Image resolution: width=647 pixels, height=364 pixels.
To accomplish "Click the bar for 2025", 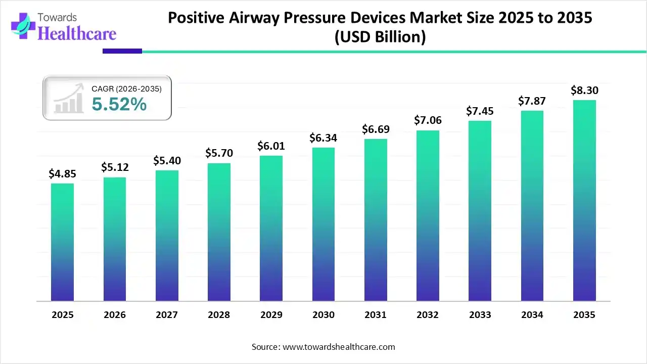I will pyautogui.click(x=62, y=242).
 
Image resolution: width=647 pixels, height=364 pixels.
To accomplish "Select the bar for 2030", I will pyautogui.click(x=323, y=224).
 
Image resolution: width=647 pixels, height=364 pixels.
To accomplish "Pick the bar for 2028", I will pyautogui.click(x=219, y=232).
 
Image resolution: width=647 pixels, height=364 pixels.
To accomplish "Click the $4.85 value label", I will pyautogui.click(x=62, y=173).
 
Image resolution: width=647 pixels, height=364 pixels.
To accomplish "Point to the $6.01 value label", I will pyautogui.click(x=271, y=146).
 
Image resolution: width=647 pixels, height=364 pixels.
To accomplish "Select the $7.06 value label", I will pyautogui.click(x=428, y=120).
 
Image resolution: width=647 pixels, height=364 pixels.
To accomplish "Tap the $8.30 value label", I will pyautogui.click(x=584, y=90).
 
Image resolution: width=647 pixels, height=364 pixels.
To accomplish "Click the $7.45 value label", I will pyautogui.click(x=480, y=111).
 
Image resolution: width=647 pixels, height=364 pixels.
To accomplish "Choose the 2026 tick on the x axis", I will pyautogui.click(x=115, y=315).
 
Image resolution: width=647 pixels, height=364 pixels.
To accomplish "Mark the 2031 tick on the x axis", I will pyautogui.click(x=376, y=315).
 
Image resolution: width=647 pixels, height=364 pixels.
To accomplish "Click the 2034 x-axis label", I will pyautogui.click(x=532, y=315).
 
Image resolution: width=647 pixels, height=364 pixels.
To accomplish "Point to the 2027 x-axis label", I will pyautogui.click(x=167, y=315).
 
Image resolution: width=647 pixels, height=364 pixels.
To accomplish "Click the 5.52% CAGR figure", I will pyautogui.click(x=119, y=105).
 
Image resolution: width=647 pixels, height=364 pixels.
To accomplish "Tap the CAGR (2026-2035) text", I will pyautogui.click(x=126, y=89).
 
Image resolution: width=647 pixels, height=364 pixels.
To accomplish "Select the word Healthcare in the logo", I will pyautogui.click(x=77, y=33).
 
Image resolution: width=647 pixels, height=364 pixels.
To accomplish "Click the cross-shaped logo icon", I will pyautogui.click(x=22, y=27).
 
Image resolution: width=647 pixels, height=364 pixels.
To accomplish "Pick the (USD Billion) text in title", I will pyautogui.click(x=380, y=37).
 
